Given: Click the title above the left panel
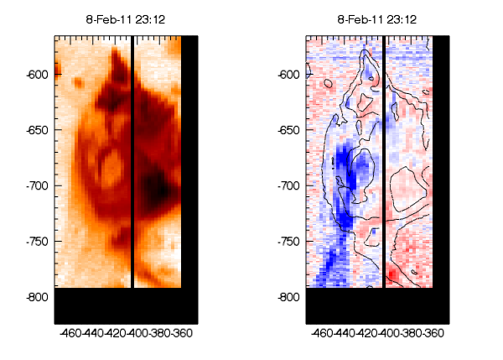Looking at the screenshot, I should pos(126,19).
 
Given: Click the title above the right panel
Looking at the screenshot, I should pos(377,19).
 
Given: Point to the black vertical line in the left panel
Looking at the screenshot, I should pos(132,159).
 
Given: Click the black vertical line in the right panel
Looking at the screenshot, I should pos(384,159).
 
